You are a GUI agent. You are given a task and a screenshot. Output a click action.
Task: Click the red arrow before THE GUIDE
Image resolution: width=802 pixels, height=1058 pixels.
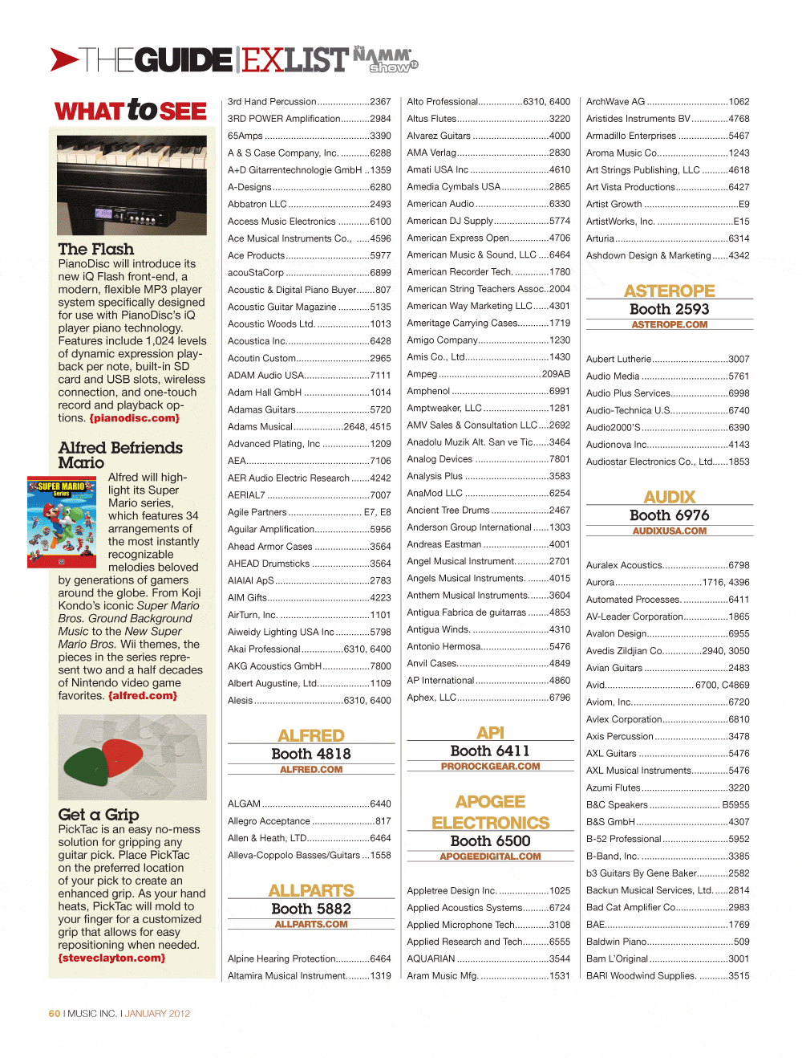pos(63,59)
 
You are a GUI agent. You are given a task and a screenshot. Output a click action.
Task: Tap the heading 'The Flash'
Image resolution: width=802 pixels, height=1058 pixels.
pos(95,249)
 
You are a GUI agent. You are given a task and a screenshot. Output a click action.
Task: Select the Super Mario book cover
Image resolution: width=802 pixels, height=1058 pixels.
pos(62,522)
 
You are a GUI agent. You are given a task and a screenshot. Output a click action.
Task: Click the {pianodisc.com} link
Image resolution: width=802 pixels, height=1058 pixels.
pos(134,418)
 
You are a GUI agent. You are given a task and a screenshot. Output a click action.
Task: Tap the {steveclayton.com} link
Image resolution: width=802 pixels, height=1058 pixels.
pos(111,958)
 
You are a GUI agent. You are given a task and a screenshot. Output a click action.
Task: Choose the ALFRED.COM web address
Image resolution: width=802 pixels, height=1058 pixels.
pos(311,770)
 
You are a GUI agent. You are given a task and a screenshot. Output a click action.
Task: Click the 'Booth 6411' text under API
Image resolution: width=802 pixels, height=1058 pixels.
pos(490,751)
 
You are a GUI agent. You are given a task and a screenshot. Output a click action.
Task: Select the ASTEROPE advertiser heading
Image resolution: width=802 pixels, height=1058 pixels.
pos(670,291)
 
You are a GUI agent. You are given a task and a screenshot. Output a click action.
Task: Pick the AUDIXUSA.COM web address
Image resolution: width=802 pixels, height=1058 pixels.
pos(670,531)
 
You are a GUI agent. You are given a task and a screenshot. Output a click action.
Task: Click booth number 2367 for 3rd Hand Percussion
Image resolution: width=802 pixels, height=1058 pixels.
pos(380,102)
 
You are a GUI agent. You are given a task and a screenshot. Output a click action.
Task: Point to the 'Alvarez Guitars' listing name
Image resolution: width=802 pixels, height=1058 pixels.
pos(439,136)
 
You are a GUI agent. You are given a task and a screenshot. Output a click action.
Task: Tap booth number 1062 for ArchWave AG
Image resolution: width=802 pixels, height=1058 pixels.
pos(739,102)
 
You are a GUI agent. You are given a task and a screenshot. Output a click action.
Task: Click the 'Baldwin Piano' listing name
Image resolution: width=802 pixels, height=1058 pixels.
pos(616,942)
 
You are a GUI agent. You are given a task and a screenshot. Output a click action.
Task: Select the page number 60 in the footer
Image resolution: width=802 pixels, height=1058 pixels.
pos(55,1014)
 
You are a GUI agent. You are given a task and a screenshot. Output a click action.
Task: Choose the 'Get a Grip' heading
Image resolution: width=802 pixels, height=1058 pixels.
pos(99,814)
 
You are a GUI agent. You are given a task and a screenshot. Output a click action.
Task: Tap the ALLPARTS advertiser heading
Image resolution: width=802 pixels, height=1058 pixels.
pos(311,890)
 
